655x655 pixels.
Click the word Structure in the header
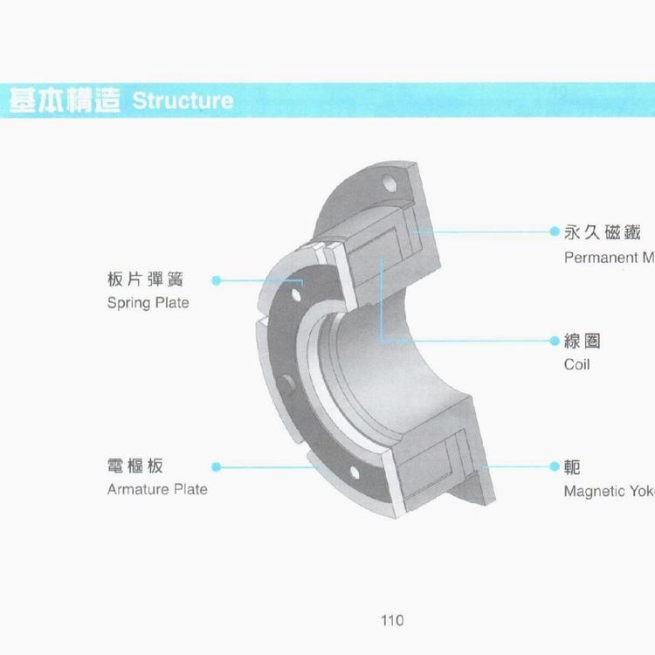coord(183,100)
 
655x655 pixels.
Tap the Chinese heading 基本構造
coord(65,100)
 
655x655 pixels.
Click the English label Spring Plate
coord(148,303)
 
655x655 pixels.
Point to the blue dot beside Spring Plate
coord(216,280)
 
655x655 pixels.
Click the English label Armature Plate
coord(157,489)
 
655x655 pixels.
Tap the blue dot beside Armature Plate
coord(216,467)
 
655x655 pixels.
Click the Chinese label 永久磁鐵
coord(603,232)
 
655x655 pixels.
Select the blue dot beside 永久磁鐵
coord(554,232)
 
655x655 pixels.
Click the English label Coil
coord(576,364)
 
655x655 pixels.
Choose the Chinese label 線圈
coord(583,341)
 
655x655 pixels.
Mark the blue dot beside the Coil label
coord(554,341)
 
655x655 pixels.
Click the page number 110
coord(392,621)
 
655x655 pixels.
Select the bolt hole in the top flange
coord(391,186)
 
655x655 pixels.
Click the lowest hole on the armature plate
coord(353,472)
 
